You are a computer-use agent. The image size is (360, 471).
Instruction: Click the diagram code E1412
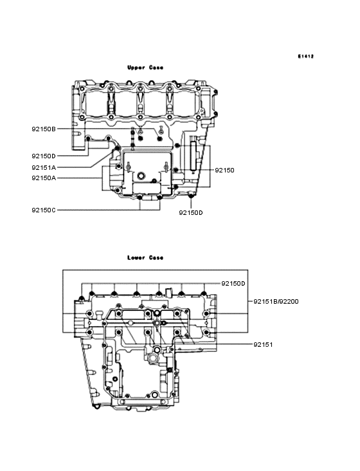(x=305, y=56)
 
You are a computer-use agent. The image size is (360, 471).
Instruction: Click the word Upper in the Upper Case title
(x=137, y=67)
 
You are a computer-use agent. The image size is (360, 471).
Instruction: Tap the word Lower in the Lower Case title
(x=137, y=257)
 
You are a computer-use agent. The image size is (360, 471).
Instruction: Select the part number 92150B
(x=44, y=129)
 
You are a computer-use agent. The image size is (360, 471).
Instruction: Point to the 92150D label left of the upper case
(x=44, y=156)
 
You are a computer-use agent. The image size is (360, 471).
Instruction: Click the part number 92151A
(x=44, y=167)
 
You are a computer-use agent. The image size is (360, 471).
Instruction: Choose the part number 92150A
(x=44, y=178)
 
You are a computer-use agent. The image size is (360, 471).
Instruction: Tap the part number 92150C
(x=44, y=210)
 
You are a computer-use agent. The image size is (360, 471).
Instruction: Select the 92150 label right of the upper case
(x=224, y=171)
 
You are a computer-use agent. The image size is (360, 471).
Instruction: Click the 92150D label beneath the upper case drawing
(x=191, y=212)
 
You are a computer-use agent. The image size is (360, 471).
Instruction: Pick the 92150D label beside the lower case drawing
(x=233, y=283)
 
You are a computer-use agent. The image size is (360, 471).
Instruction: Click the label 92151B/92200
(x=275, y=301)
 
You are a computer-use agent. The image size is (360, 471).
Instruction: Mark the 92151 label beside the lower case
(x=263, y=344)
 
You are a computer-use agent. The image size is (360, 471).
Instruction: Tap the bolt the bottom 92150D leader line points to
(x=191, y=194)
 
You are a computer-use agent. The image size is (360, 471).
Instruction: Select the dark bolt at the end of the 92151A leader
(x=117, y=149)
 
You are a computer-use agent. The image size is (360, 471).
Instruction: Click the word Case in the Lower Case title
(x=156, y=257)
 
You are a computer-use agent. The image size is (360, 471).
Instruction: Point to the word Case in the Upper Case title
(x=155, y=67)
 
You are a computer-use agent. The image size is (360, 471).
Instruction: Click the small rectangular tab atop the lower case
(x=166, y=290)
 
